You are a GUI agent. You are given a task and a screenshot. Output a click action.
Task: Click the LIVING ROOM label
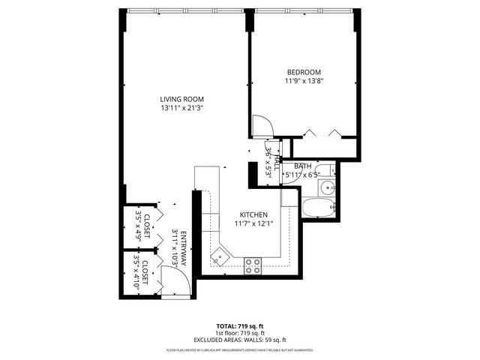pos(181,99)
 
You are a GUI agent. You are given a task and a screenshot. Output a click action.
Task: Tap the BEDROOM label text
pos(304,72)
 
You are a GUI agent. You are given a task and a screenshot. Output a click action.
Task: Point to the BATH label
pos(302,166)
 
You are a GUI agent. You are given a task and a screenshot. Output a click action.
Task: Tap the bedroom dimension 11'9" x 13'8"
pos(304,81)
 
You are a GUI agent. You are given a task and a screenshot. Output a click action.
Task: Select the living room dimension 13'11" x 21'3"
pos(181,108)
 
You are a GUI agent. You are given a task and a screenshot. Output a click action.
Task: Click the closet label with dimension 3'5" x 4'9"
pos(142,223)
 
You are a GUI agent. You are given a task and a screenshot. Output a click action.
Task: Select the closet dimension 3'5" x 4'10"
pos(136,271)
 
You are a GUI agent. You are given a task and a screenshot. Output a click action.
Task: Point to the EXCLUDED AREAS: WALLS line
pos(239,340)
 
